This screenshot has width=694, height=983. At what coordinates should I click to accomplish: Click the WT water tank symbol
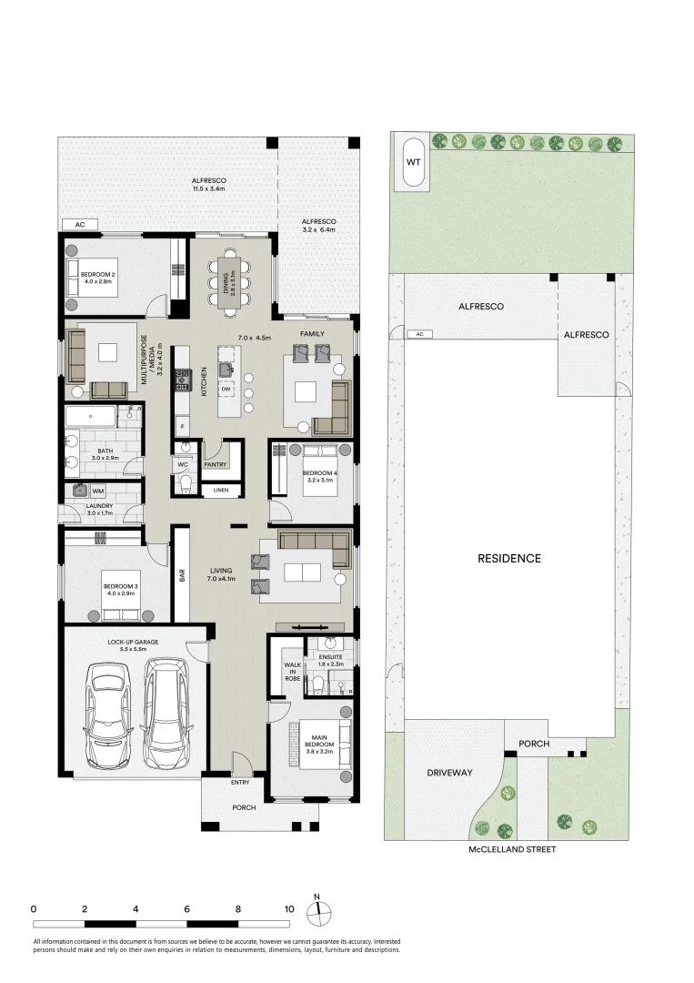click(x=412, y=162)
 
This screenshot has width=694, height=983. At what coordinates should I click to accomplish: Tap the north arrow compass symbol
click(x=317, y=912)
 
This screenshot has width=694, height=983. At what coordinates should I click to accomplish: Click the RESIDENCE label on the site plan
click(x=509, y=558)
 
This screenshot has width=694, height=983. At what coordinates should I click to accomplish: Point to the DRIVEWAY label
click(x=449, y=772)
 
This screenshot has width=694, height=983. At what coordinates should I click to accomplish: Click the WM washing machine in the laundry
click(x=97, y=491)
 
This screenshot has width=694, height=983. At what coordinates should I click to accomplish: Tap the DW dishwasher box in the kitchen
click(x=226, y=389)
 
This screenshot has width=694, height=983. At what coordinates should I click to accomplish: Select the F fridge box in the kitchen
click(x=183, y=426)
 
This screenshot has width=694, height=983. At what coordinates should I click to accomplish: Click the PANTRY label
click(x=216, y=464)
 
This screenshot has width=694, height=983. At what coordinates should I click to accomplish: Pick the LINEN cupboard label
click(x=221, y=491)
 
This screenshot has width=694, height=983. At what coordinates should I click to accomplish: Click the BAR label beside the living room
click(x=181, y=576)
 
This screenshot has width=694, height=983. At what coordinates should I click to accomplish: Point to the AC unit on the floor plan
click(x=80, y=225)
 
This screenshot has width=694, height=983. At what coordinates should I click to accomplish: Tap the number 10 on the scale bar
click(x=288, y=908)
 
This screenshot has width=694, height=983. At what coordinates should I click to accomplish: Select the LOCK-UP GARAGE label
click(x=133, y=642)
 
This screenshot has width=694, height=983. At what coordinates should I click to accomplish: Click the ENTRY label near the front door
click(x=240, y=782)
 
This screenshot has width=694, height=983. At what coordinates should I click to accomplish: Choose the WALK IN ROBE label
click(x=292, y=670)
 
